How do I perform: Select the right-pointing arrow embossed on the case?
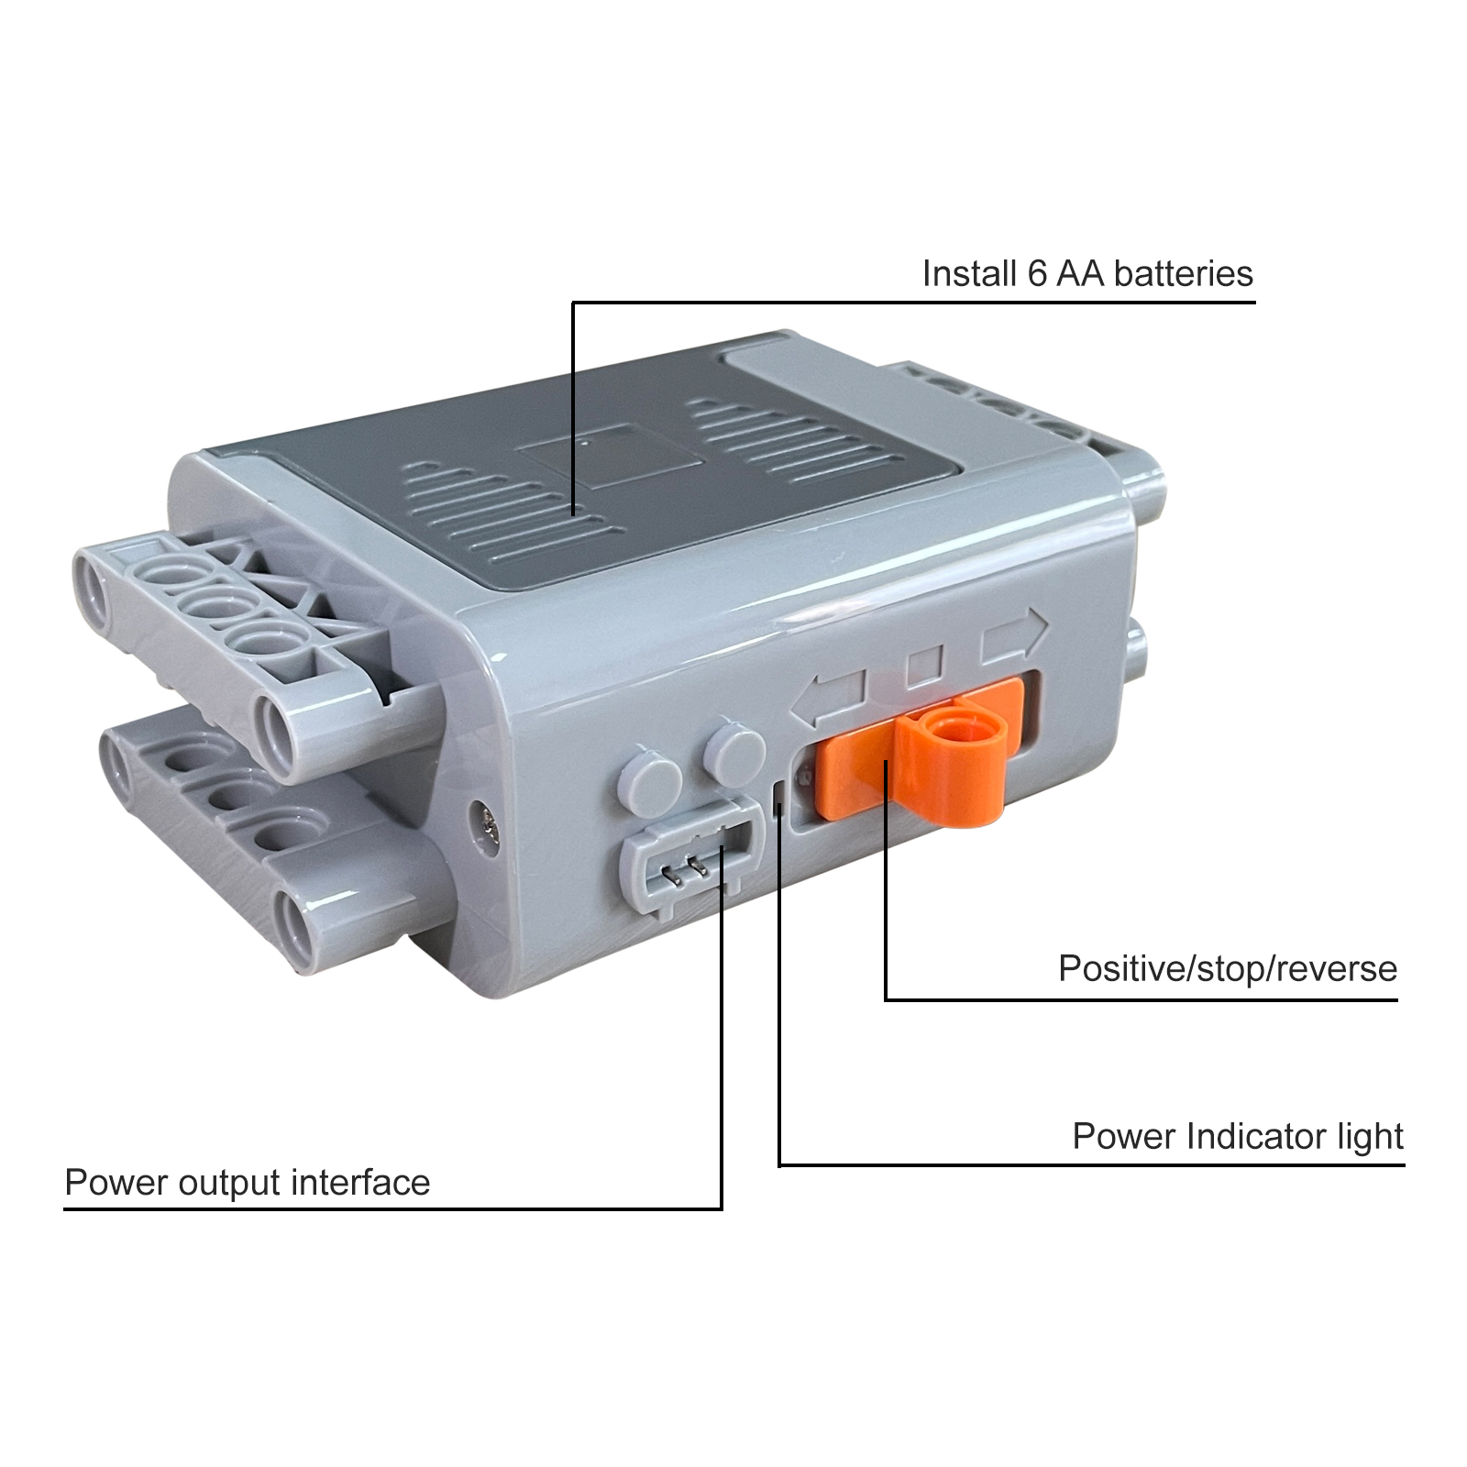point(1014,635)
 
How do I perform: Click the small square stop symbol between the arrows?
point(923,667)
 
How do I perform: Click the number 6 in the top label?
point(1037,274)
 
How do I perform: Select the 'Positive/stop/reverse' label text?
point(1228,969)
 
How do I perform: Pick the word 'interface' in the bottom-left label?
point(360,1183)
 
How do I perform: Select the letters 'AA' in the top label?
point(1080,274)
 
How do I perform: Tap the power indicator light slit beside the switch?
point(778,798)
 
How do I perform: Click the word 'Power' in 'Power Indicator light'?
point(1125,1137)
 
